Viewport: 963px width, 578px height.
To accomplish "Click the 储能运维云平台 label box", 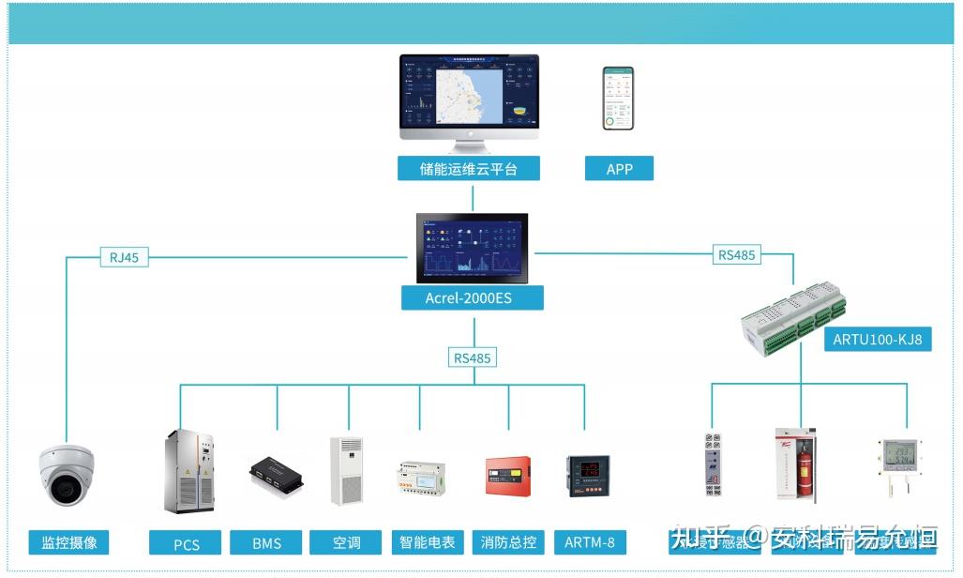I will click(468, 169).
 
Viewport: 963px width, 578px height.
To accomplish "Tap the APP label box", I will click(619, 169).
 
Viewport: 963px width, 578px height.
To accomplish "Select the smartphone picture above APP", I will click(618, 98).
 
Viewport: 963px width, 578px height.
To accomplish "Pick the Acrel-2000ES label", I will click(472, 298).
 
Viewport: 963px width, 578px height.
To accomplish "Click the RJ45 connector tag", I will click(124, 256).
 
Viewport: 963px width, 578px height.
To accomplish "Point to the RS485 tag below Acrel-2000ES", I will click(473, 357).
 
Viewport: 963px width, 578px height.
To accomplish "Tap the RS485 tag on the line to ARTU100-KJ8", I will click(737, 254).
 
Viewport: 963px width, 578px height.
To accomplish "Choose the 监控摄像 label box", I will click(68, 542).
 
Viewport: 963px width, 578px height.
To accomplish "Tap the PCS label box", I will click(186, 543).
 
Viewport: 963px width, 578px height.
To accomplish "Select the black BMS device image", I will click(276, 476).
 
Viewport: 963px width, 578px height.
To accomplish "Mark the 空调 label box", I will click(346, 542).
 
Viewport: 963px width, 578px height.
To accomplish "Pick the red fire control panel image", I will click(507, 475).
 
